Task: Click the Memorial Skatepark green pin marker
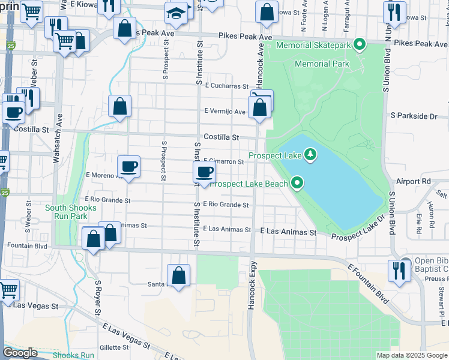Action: click(x=360, y=44)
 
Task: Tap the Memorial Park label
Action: click(x=321, y=64)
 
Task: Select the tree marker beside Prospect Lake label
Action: click(x=310, y=155)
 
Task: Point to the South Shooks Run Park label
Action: click(x=70, y=212)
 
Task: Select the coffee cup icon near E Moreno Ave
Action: click(x=128, y=166)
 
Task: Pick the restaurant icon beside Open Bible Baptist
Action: click(x=397, y=270)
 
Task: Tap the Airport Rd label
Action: click(x=414, y=181)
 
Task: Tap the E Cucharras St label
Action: click(x=226, y=86)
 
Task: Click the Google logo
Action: click(x=20, y=353)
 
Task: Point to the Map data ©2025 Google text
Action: click(x=411, y=355)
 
